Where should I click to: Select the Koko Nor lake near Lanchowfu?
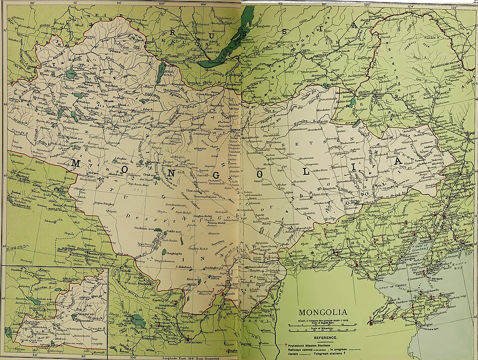coord(138,321)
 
